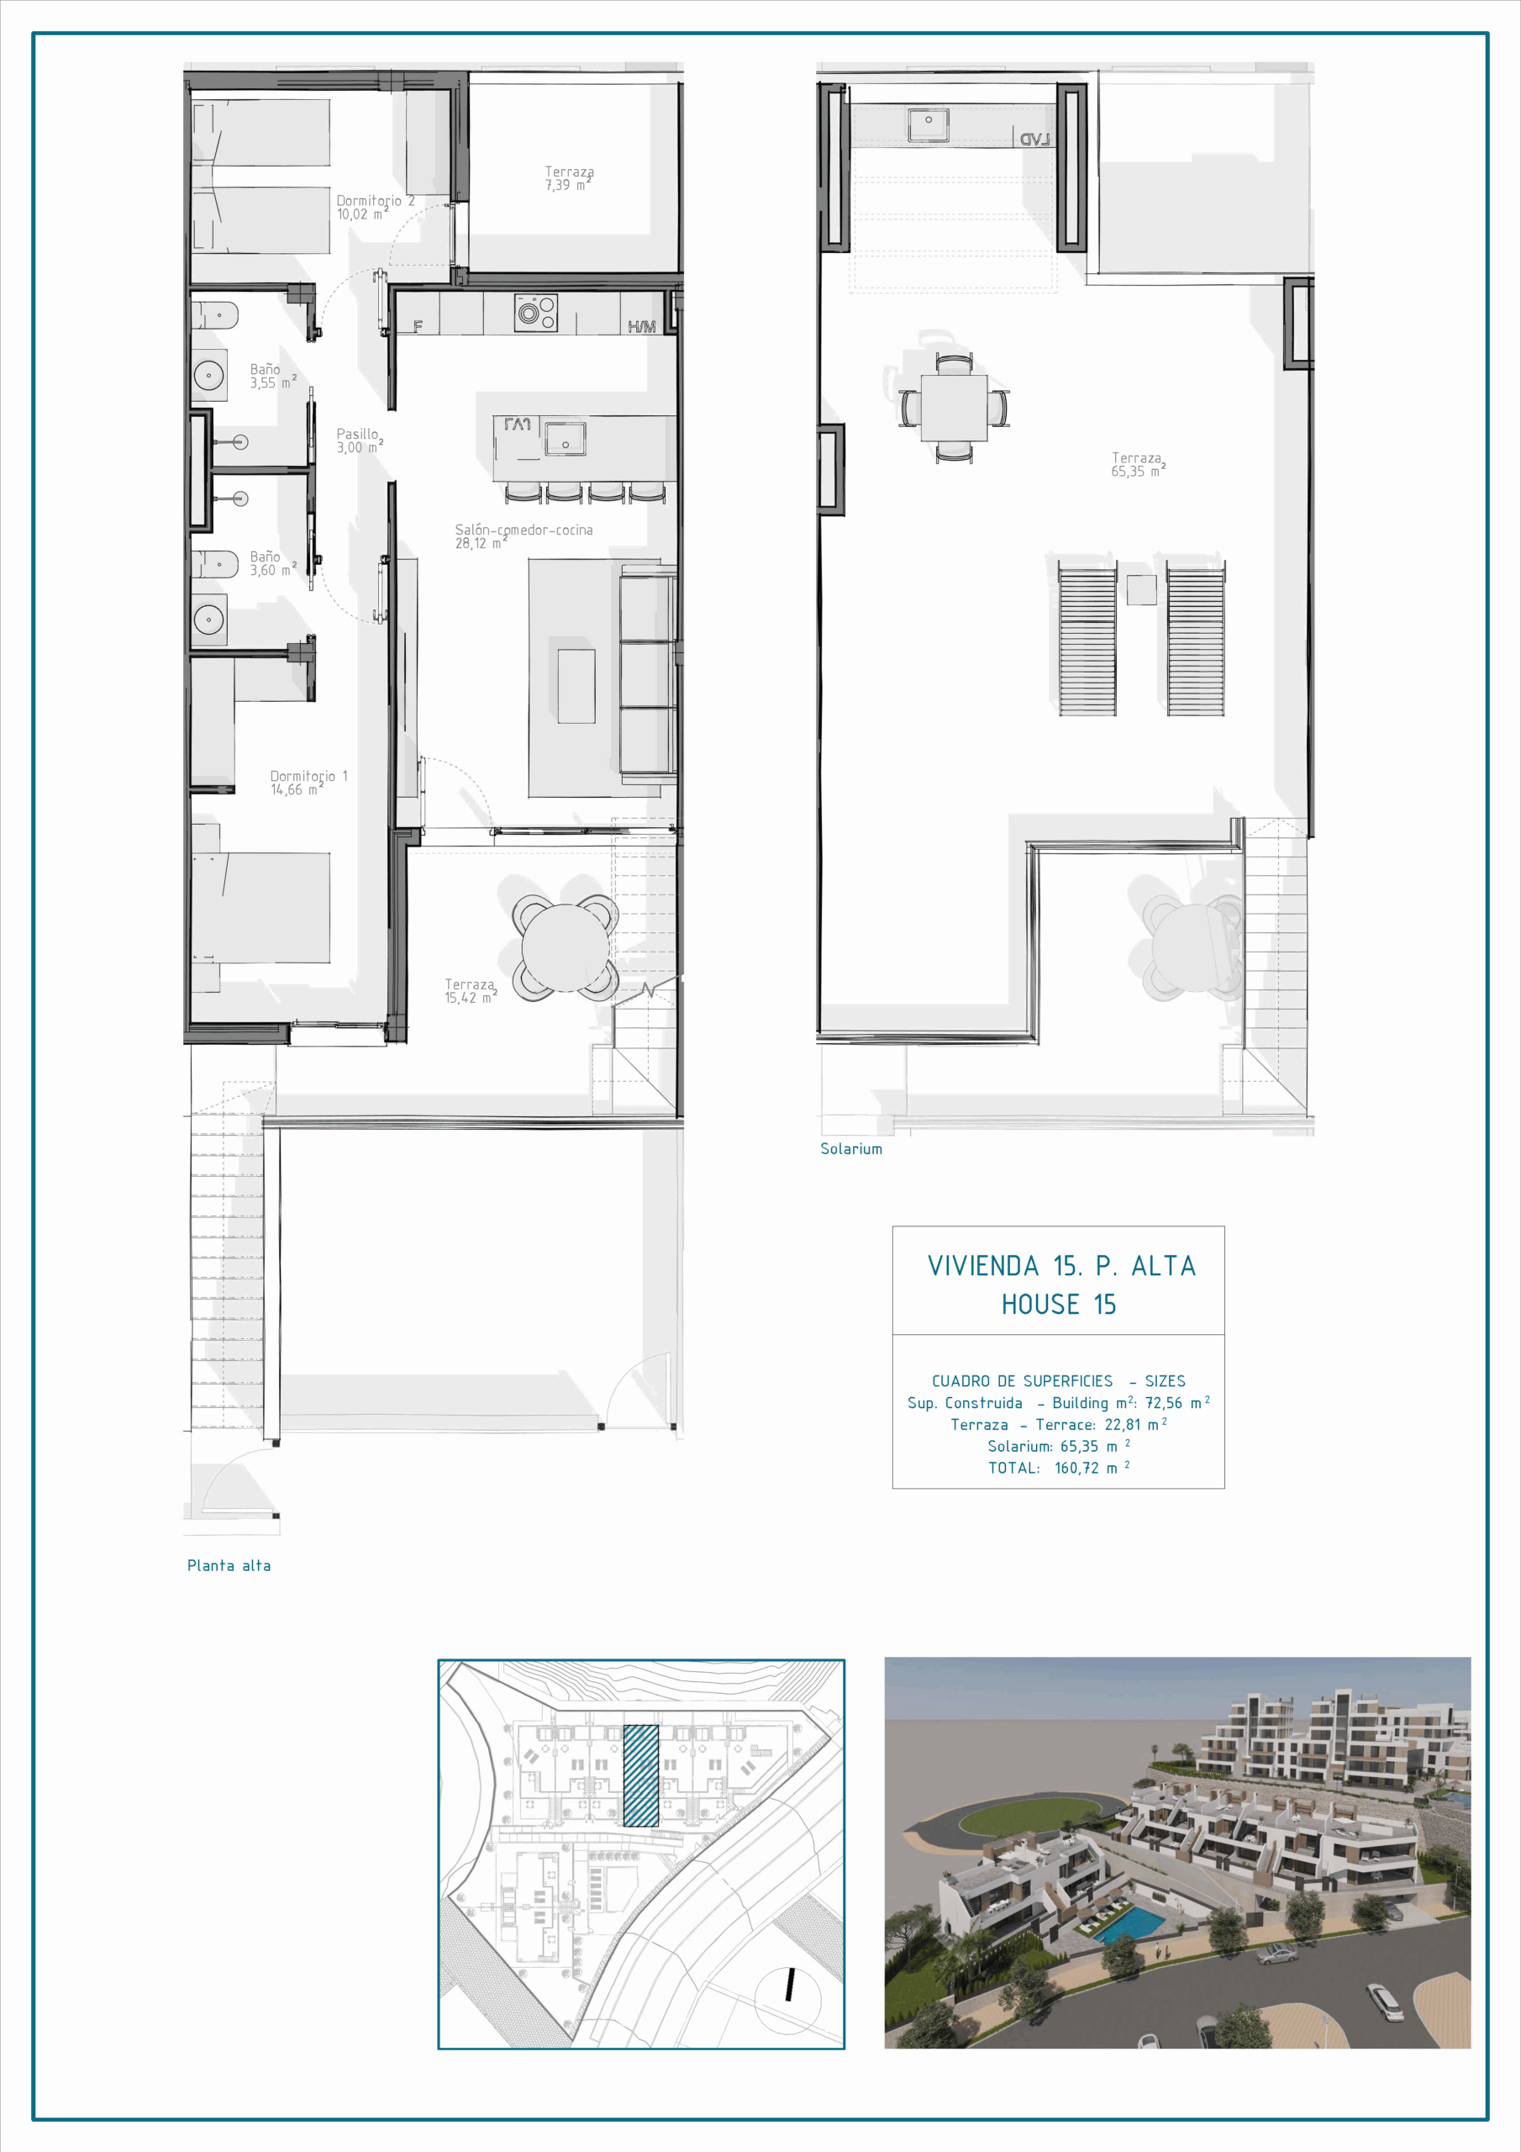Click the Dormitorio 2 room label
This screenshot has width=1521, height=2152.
[375, 207]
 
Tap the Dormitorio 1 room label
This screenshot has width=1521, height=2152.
[308, 783]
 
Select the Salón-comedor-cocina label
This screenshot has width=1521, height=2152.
[524, 536]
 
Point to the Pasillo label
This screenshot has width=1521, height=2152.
[360, 440]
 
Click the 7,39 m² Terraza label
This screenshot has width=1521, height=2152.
[569, 178]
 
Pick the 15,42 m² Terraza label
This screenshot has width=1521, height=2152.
[471, 991]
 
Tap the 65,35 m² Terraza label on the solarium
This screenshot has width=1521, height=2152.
[1139, 464]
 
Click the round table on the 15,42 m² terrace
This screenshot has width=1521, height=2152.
[564, 947]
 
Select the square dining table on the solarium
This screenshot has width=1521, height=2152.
[954, 407]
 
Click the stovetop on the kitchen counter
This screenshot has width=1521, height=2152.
[536, 313]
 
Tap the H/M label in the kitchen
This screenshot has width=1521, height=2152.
[642, 326]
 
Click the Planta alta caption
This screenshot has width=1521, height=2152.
[229, 1565]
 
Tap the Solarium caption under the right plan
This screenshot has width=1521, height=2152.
[851, 1149]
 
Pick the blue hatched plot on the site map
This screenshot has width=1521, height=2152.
[641, 1775]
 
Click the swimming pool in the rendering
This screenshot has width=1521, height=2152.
[1129, 1924]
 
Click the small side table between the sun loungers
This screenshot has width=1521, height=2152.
[1141, 589]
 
